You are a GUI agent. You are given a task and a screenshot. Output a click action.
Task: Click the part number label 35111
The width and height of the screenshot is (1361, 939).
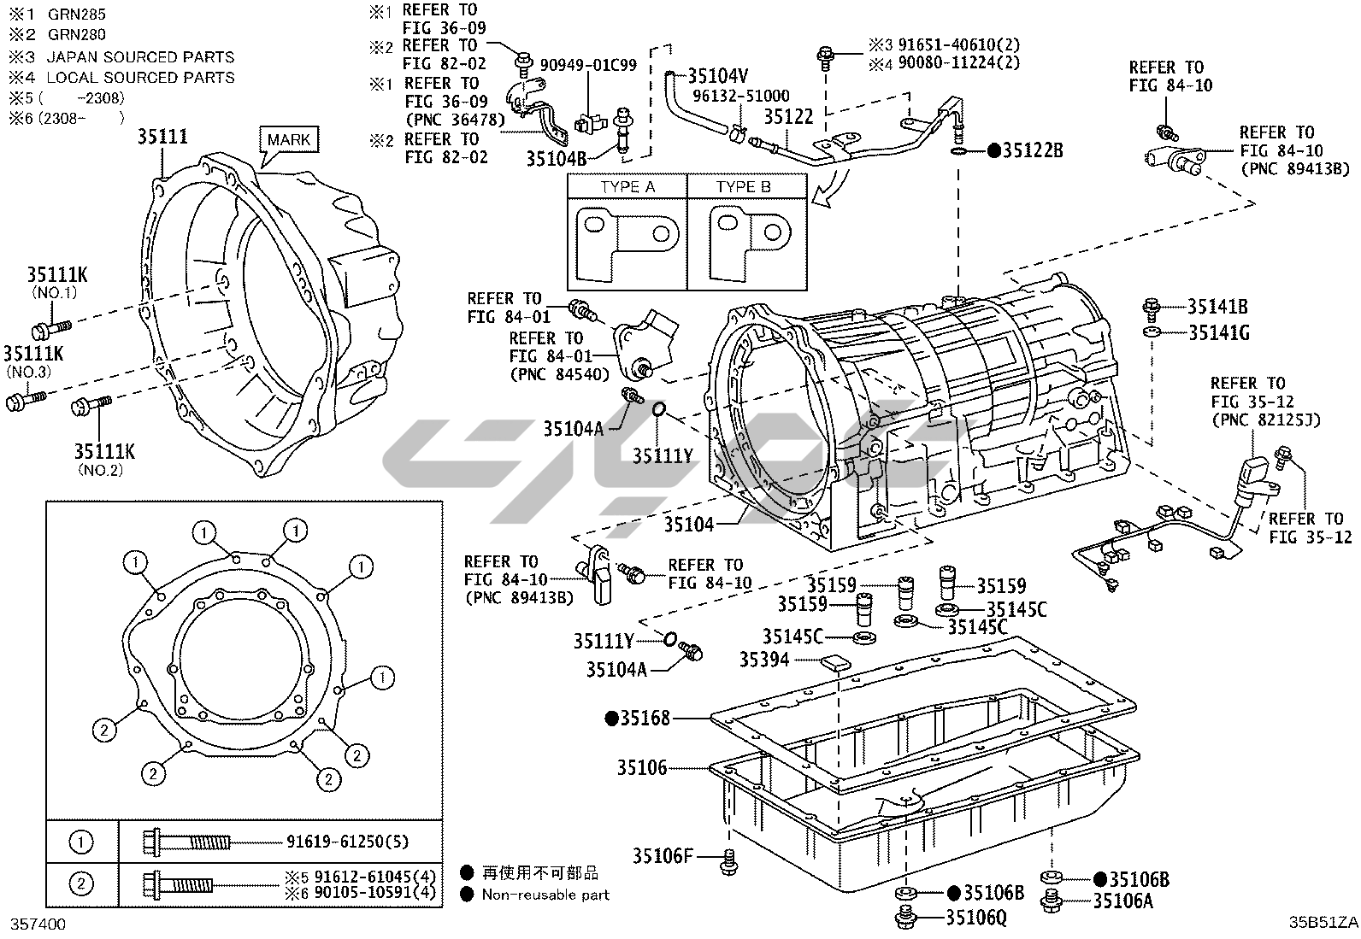(162, 137)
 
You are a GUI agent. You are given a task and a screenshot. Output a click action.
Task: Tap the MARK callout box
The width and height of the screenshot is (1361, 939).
(289, 139)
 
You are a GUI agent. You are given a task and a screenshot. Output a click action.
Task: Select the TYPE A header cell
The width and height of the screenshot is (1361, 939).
(627, 186)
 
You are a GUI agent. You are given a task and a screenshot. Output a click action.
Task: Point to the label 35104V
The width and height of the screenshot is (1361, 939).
(718, 76)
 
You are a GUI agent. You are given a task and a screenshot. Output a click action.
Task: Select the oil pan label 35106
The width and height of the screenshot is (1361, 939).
(642, 768)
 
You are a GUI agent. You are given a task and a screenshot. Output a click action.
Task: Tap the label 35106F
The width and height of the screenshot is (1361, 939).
(663, 856)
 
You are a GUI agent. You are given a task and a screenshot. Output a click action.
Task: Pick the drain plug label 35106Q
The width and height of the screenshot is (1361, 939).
(976, 918)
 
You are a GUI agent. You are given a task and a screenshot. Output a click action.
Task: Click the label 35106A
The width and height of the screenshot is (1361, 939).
(1123, 901)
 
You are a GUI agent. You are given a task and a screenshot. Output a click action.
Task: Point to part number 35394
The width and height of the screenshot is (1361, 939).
(764, 660)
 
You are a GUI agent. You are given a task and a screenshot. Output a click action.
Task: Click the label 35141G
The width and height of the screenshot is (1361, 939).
(1219, 333)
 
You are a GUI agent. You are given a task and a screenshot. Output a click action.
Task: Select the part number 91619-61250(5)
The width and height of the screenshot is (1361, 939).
(348, 842)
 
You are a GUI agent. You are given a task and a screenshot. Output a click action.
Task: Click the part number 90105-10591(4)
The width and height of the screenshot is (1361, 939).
(375, 894)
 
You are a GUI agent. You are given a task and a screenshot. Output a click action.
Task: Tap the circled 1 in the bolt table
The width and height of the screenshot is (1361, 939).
(81, 842)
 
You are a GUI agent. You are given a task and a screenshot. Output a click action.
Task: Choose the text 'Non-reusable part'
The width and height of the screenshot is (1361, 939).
(545, 895)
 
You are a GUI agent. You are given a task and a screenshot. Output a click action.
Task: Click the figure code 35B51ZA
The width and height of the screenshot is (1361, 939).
(1323, 923)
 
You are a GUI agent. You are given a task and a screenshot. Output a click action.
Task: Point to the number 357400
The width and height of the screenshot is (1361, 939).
(38, 924)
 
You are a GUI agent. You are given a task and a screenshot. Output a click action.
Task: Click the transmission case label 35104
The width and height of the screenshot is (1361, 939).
(689, 525)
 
